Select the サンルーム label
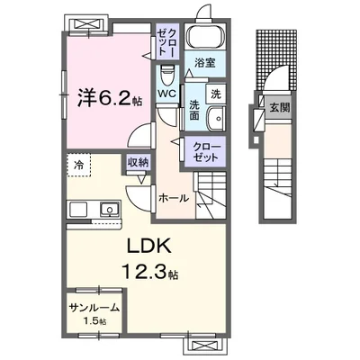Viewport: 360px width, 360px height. pyautogui.click(x=94, y=308)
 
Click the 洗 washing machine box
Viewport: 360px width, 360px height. pyautogui.click(x=216, y=93)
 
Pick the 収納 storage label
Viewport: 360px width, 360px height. pyautogui.click(x=138, y=162)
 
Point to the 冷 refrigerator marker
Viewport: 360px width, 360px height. pyautogui.click(x=78, y=166)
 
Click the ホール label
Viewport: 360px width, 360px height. pyautogui.click(x=174, y=196)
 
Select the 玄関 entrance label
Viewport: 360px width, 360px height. pyautogui.click(x=278, y=107)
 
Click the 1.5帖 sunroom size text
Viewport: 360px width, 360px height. pyautogui.click(x=95, y=321)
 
